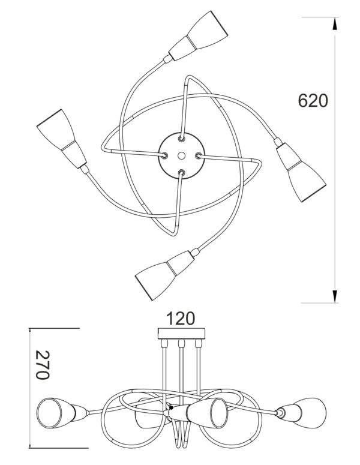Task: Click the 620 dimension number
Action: tap(313, 101)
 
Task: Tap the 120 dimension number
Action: tap(181, 318)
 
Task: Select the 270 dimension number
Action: tap(43, 365)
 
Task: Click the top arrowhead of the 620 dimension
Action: tap(335, 23)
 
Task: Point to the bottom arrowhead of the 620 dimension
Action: tap(335, 296)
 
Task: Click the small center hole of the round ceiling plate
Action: tap(181, 155)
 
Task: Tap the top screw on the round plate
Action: tap(181, 138)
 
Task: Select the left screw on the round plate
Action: tap(164, 155)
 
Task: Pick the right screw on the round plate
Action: tap(199, 155)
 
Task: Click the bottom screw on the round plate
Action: tap(181, 172)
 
